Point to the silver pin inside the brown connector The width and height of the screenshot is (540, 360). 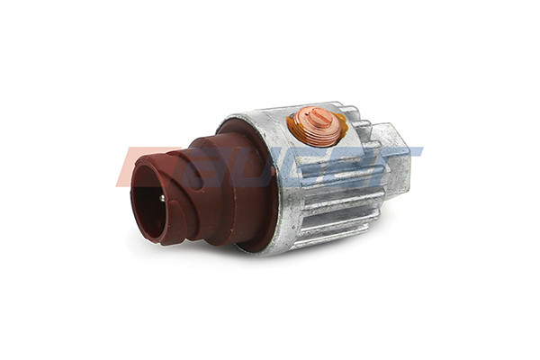pyautogui.click(x=162, y=198)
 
